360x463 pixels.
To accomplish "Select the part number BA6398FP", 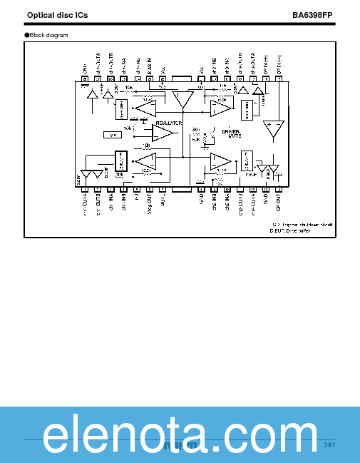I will coord(313,15).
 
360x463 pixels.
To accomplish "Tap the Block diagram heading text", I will coord(49,35).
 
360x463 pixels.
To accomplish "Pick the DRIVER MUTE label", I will coord(231,133).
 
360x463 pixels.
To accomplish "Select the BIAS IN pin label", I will coord(150,67).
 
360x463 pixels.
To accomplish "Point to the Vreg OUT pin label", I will coord(150,204).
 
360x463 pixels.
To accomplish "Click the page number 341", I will coord(329,445).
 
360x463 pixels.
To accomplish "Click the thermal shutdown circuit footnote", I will coord(302,223).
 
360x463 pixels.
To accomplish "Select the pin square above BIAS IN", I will coord(150,78).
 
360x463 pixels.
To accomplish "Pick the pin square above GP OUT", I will coord(279,188).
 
